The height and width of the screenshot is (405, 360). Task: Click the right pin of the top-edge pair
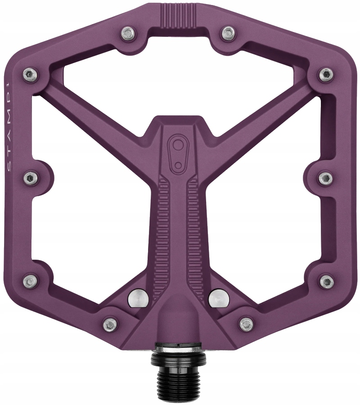click(228, 32)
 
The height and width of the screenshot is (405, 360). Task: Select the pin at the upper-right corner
click(325, 74)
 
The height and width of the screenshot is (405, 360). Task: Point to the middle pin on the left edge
click(31, 178)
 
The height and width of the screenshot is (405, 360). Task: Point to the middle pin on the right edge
click(325, 178)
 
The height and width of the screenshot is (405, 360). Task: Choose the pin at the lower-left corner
click(30, 282)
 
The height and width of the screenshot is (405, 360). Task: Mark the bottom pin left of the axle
click(110, 324)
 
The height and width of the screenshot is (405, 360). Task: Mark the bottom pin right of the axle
click(247, 324)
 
